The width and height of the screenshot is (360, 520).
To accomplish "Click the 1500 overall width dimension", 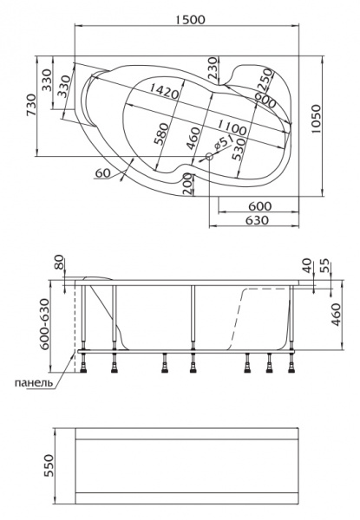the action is coord(190,19).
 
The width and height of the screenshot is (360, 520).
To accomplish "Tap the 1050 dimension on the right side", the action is coord(317,120).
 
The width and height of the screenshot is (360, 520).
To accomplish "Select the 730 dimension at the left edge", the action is coord(30,105).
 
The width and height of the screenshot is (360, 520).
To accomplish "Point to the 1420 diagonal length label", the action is coord(164,90).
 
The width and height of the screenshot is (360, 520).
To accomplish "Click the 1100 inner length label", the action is coord(232,128).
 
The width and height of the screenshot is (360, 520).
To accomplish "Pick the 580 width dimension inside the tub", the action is coord(161,134).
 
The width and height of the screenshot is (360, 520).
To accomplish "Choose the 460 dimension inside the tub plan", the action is coord(193,139).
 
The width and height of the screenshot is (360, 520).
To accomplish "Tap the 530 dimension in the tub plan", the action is coord(239,150).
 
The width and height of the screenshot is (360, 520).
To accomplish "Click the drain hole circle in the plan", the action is coord(209,157).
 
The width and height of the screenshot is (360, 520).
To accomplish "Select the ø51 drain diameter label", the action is coord(222,144).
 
